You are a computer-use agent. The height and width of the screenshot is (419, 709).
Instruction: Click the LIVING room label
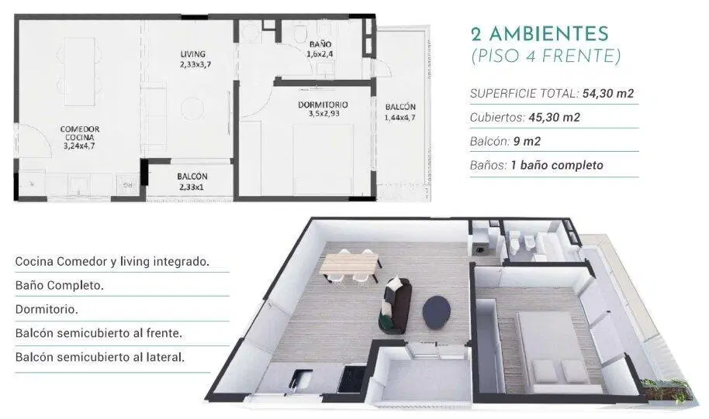tap(193, 54)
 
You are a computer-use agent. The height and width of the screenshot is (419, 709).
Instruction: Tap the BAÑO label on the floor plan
tap(320, 44)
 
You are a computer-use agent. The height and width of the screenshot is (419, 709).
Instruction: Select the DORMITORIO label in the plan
tap(323, 105)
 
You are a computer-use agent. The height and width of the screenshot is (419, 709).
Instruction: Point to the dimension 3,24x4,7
tap(80, 146)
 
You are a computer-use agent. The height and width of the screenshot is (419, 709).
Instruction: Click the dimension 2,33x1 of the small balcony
tap(192, 187)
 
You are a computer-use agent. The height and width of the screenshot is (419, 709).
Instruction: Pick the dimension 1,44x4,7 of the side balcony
tap(400, 118)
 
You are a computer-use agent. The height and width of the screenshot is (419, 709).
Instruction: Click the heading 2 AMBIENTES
tap(540, 34)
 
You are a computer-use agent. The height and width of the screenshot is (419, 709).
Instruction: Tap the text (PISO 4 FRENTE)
tap(546, 57)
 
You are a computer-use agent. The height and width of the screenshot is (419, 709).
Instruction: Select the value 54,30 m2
tap(608, 94)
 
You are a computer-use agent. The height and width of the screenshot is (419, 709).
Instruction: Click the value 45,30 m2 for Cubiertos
tap(555, 118)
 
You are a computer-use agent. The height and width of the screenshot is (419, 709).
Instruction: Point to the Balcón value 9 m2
tap(527, 141)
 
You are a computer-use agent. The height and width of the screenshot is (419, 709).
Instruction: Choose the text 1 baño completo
tap(557, 165)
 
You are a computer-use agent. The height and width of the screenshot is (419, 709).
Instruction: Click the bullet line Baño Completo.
tap(59, 285)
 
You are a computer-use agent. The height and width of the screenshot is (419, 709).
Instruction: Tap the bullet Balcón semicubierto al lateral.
tap(100, 357)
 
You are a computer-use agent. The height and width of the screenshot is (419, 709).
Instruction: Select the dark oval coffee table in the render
tap(437, 312)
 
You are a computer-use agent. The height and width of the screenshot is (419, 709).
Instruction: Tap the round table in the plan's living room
tap(192, 108)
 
